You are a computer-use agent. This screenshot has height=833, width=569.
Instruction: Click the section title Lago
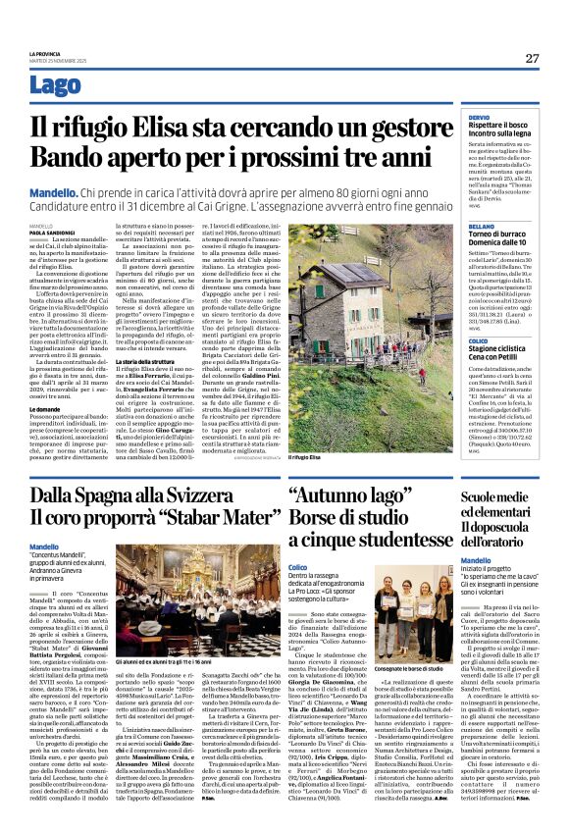click(x=56, y=84)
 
